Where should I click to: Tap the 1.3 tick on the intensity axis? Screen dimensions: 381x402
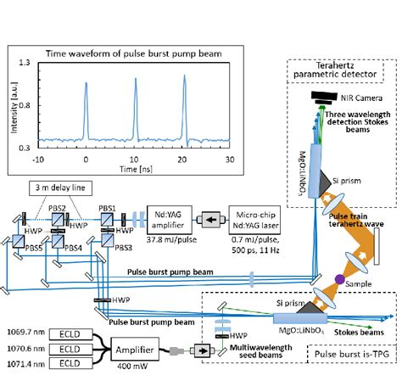31,63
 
